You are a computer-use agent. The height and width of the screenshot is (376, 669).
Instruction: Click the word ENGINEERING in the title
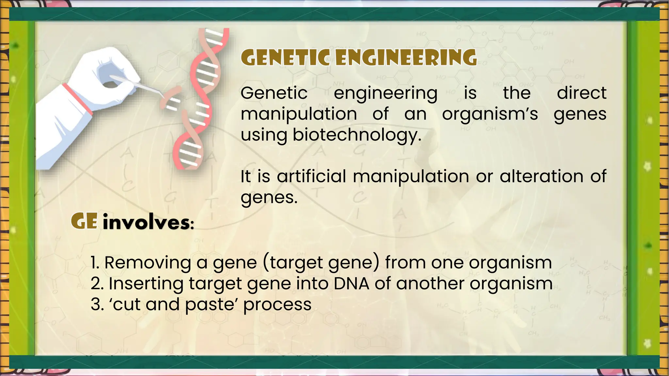point(406,58)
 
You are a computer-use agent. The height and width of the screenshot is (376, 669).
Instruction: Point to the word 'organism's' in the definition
point(490,114)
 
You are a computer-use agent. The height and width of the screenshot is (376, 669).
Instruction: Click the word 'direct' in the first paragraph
point(581,93)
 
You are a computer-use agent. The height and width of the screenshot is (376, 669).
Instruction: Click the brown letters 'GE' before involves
point(84,222)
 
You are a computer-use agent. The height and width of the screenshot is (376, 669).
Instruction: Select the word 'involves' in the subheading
point(146,223)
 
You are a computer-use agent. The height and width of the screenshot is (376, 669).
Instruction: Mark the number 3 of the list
point(96,305)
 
